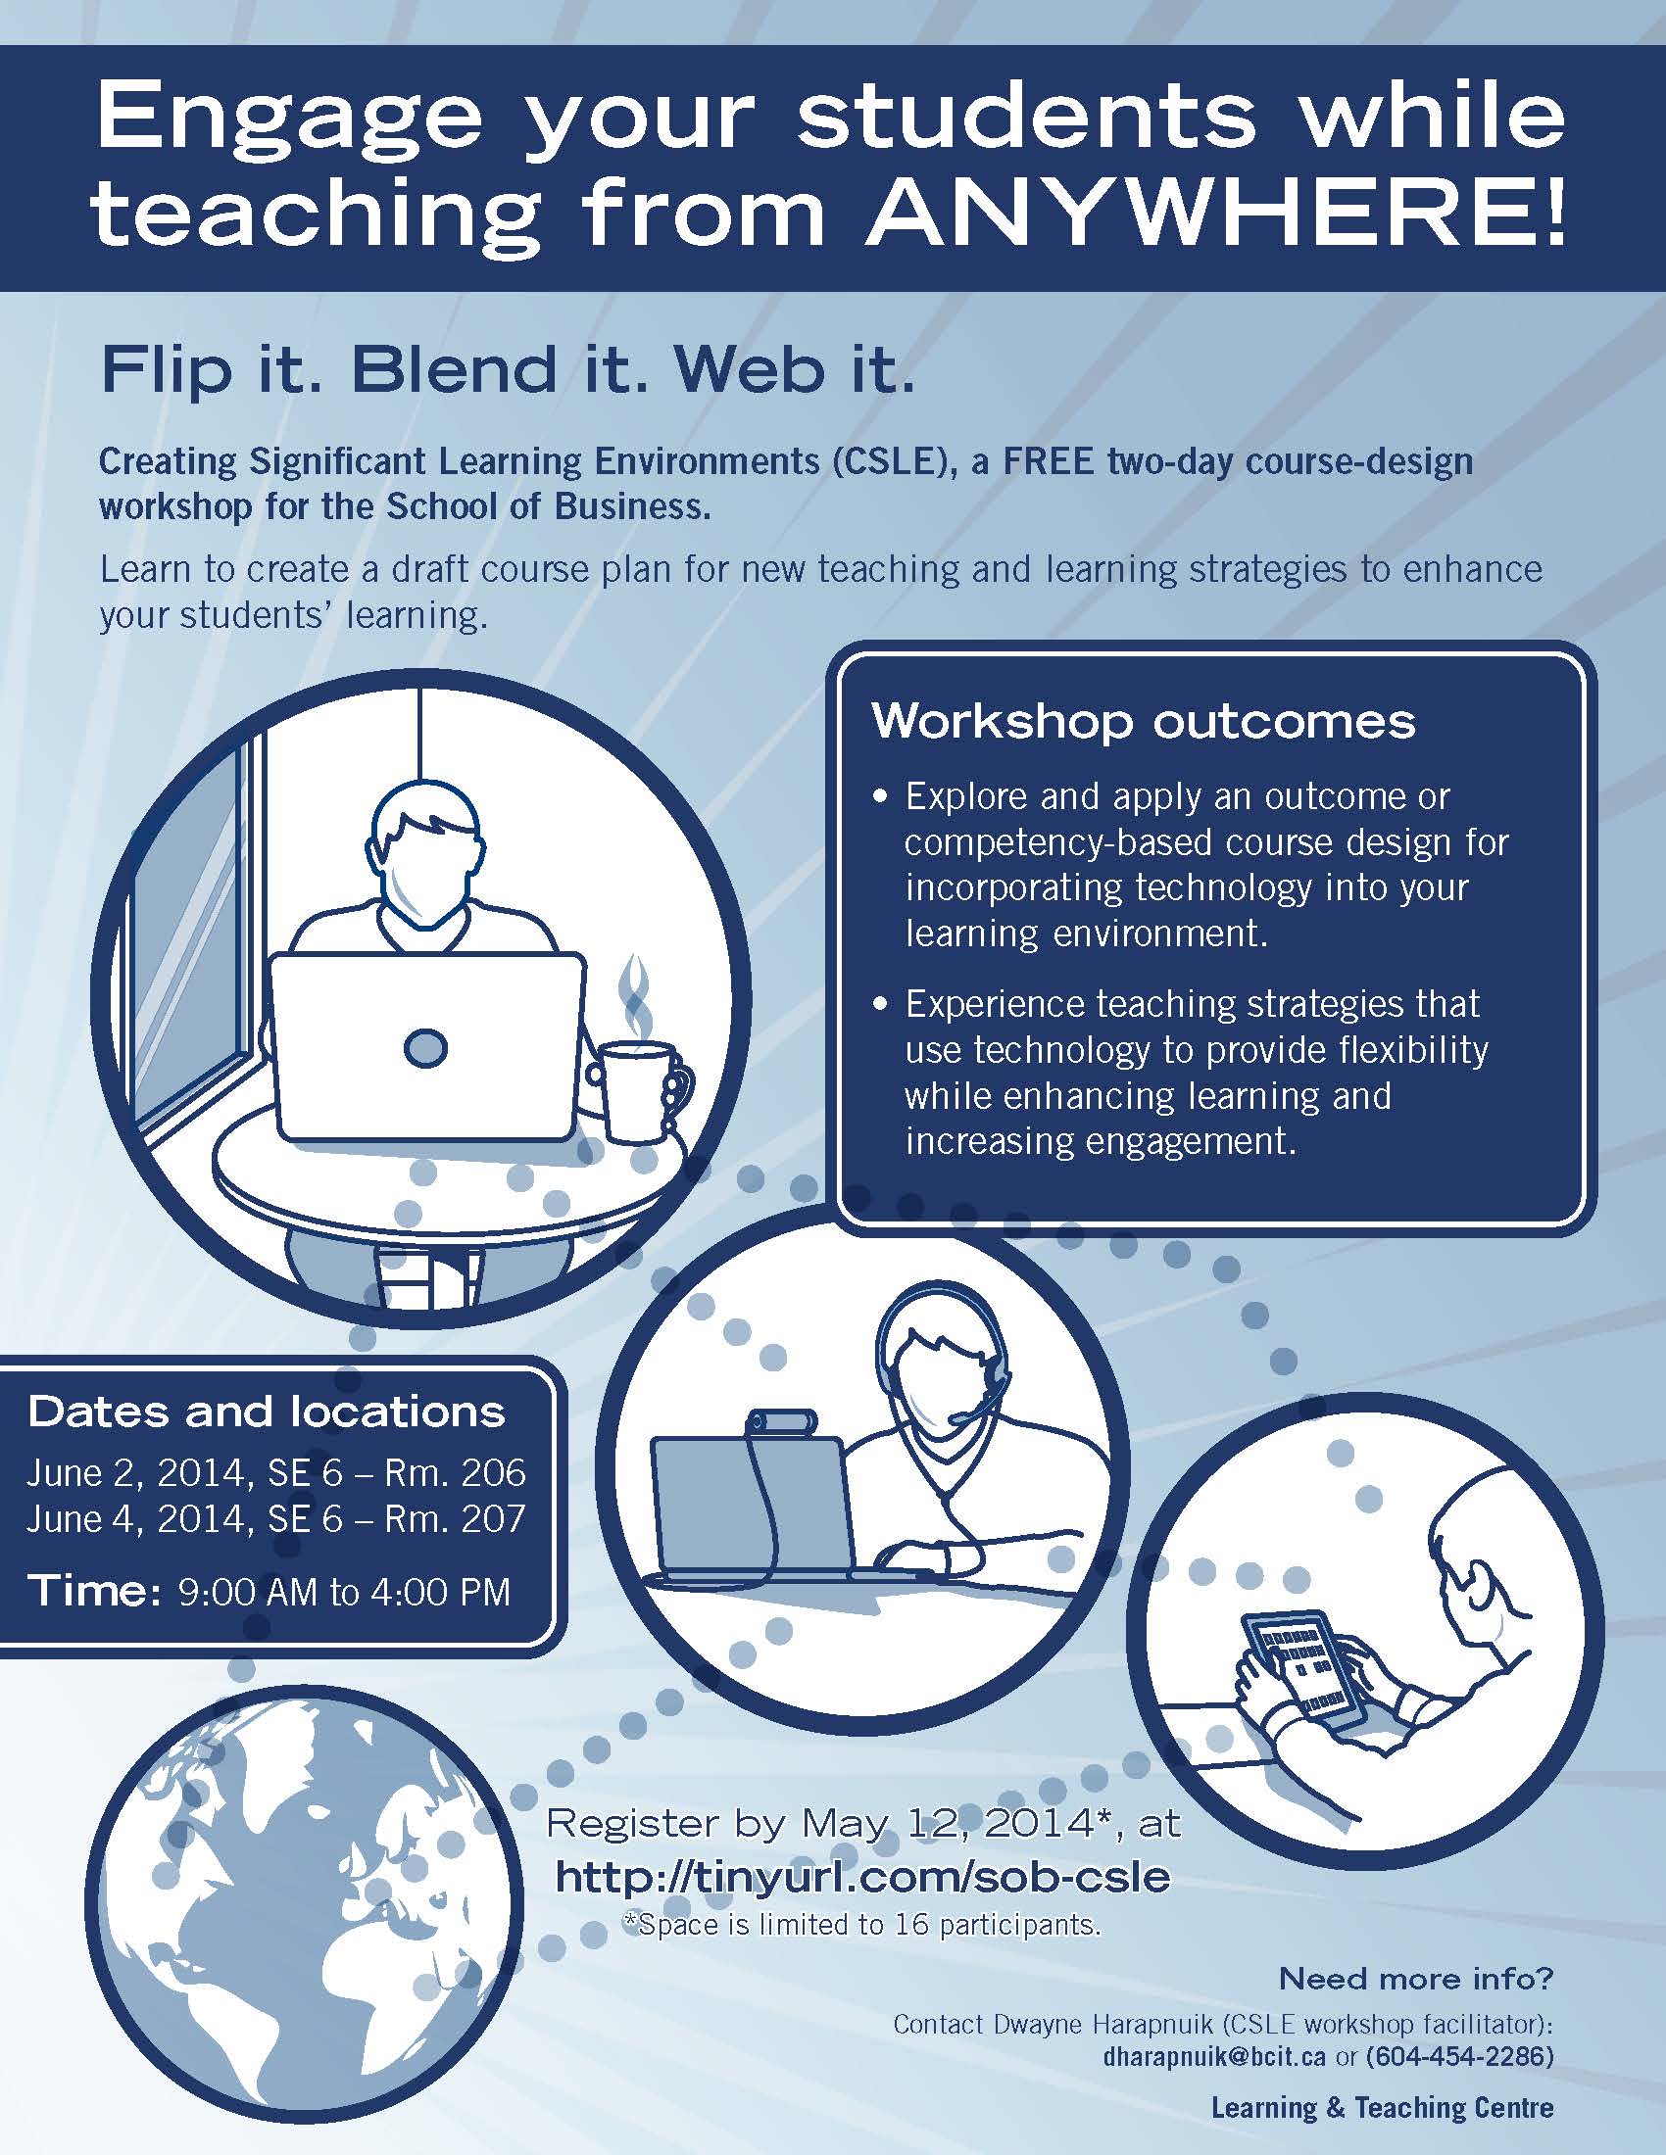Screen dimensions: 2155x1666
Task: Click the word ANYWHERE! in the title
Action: coord(1215,215)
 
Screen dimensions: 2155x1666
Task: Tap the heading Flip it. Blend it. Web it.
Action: coord(508,371)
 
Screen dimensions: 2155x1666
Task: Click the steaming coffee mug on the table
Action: coord(637,1091)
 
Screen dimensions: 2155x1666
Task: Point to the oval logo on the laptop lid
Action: coord(426,1048)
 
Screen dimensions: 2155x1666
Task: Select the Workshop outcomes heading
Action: coord(1143,722)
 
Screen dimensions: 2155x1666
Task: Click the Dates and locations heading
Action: coord(267,1412)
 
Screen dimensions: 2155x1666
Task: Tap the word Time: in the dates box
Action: coord(94,1591)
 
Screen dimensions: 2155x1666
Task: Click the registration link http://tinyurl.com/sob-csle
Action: coord(862,1876)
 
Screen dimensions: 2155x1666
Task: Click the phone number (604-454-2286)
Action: coord(1460,2056)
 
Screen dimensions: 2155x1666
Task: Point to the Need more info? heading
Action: coord(1415,1979)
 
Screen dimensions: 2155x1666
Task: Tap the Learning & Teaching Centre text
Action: coord(1382,2108)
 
